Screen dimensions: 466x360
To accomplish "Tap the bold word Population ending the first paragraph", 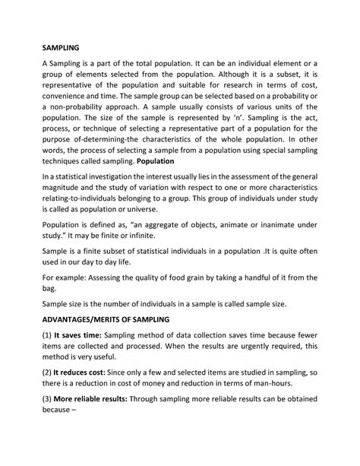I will (152, 161).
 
